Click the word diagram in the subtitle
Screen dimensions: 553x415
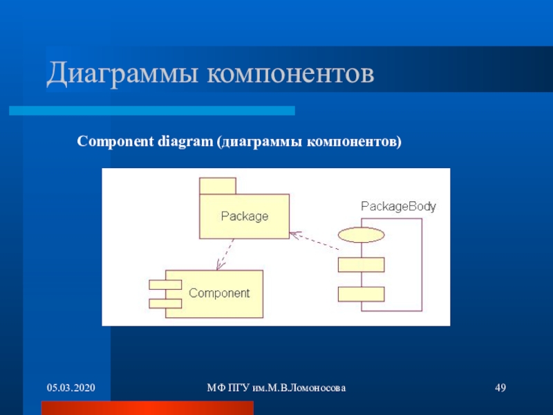(185, 141)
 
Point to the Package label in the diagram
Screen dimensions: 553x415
(244, 216)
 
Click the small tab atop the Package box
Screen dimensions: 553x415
(218, 186)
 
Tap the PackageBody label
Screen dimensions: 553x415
(398, 206)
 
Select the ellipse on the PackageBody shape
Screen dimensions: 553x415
(360, 234)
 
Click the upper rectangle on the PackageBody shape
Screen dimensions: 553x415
(361, 265)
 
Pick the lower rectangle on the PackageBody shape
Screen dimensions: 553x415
(361, 294)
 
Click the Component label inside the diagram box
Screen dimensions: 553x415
(219, 293)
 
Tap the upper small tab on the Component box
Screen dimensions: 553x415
(165, 284)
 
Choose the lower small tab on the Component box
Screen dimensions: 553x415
(165, 302)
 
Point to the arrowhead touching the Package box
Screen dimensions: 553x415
(294, 233)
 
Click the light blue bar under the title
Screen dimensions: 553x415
(151, 111)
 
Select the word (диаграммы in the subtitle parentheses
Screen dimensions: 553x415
(259, 141)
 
